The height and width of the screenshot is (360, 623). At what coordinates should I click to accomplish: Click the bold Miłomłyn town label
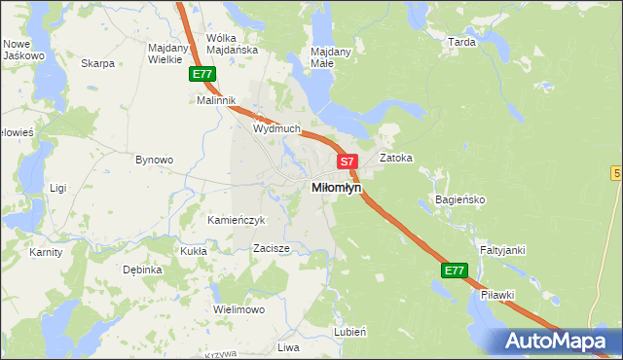click(x=336, y=187)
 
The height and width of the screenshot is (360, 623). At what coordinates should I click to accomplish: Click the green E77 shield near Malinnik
click(x=202, y=74)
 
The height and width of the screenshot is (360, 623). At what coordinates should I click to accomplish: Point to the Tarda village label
click(x=460, y=43)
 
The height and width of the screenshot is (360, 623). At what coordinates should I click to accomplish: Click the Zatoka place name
click(x=396, y=157)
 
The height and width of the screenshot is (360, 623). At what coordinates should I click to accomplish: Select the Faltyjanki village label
click(x=501, y=250)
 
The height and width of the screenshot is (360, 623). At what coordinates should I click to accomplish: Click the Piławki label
click(x=496, y=294)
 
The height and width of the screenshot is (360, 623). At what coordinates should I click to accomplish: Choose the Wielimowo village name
click(x=239, y=309)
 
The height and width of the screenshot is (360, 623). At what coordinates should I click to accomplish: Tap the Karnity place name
click(x=46, y=252)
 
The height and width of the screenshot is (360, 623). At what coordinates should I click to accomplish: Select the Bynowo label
click(x=154, y=160)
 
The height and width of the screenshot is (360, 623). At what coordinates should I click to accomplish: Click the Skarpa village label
click(x=98, y=64)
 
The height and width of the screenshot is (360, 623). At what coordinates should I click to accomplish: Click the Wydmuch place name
click(x=276, y=128)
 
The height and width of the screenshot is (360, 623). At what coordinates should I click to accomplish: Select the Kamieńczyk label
click(x=237, y=220)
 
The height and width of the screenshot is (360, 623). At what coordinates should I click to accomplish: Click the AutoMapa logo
click(x=558, y=341)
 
